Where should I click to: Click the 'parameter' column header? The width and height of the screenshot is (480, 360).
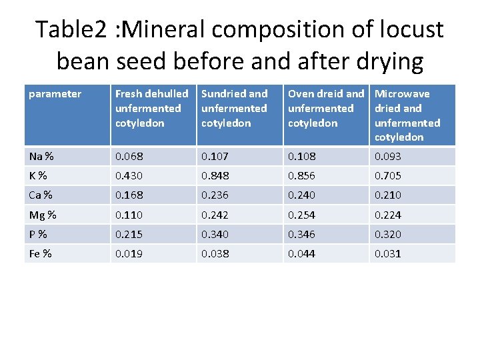pos(55,94)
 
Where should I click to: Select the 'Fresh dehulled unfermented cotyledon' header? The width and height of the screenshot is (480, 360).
pos(151,108)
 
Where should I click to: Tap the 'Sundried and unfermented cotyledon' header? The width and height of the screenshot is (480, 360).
pos(234,108)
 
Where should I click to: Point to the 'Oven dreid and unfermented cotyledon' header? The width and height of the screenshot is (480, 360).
pos(325,108)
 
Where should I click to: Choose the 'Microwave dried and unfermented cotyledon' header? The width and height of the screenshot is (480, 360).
pos(407,115)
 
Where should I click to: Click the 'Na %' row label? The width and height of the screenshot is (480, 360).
pos(41,157)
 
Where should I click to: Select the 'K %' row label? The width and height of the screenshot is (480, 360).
pos(38,176)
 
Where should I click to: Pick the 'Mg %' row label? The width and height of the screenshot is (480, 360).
pos(43,215)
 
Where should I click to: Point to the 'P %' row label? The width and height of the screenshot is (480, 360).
pos(38,234)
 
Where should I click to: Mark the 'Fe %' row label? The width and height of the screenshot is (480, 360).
pos(41,253)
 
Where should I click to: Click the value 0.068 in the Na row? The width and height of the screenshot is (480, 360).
pos(129,157)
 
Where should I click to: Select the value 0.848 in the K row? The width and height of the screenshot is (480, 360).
pos(215,176)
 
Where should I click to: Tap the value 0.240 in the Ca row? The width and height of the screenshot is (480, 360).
pos(301,195)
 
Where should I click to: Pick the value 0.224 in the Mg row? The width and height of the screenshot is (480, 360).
pos(388,215)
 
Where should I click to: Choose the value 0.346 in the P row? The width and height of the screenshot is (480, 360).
pos(301,234)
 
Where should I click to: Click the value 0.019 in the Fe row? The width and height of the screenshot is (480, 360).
pos(129,253)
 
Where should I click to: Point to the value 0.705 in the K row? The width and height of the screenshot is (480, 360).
pos(388,176)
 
